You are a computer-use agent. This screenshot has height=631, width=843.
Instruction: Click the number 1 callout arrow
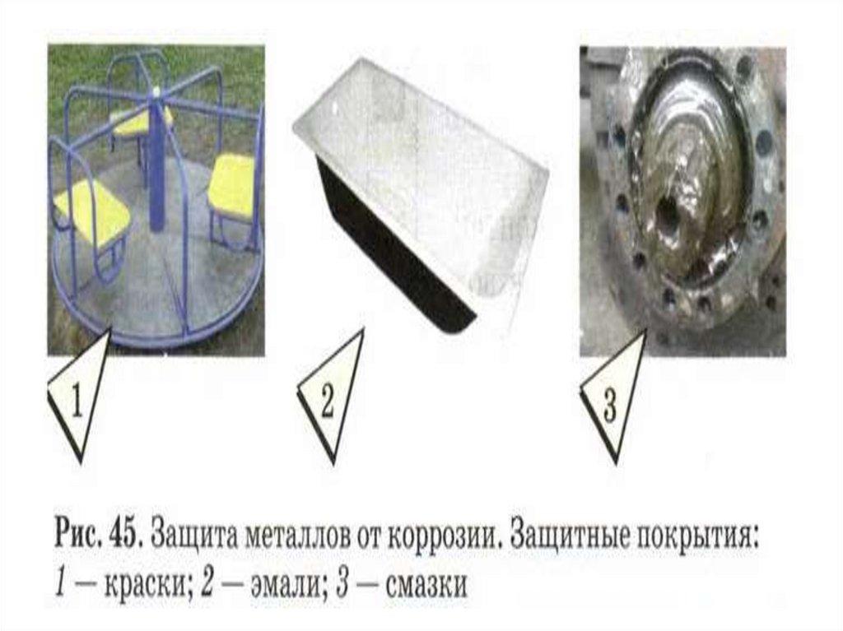point(80,397)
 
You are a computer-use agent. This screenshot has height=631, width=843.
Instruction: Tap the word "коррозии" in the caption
point(446,536)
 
